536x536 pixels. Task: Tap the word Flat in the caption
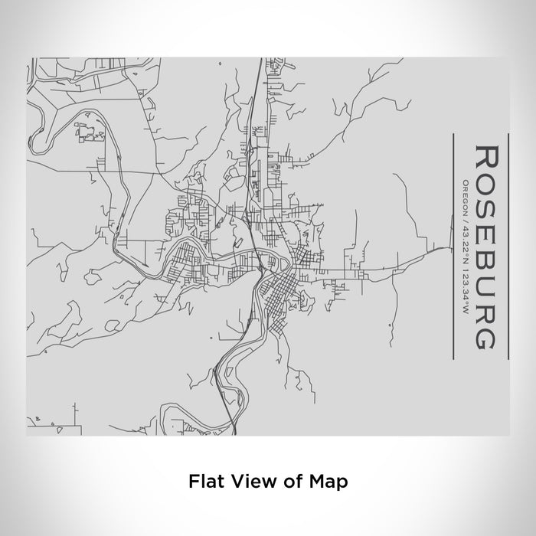coord(204,482)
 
